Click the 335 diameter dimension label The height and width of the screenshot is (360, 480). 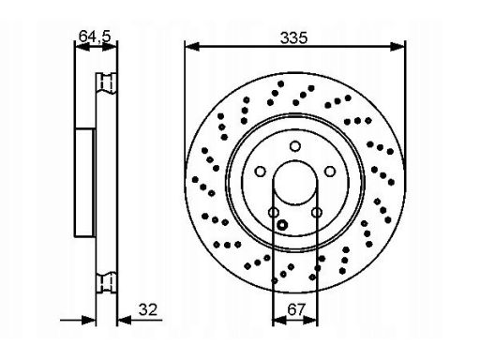[x=293, y=37]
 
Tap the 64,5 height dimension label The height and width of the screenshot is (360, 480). [x=95, y=37]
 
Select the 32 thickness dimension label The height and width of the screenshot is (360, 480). [x=148, y=309]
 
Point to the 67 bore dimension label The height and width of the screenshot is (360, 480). [x=295, y=309]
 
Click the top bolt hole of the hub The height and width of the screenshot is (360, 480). [x=295, y=146]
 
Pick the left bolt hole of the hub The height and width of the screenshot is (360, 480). [x=260, y=172]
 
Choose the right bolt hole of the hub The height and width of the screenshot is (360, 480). [x=330, y=172]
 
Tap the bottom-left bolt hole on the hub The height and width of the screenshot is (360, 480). [x=274, y=213]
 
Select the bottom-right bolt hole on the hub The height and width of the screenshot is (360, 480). [x=317, y=213]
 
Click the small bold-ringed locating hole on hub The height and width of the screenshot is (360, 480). [x=282, y=224]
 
